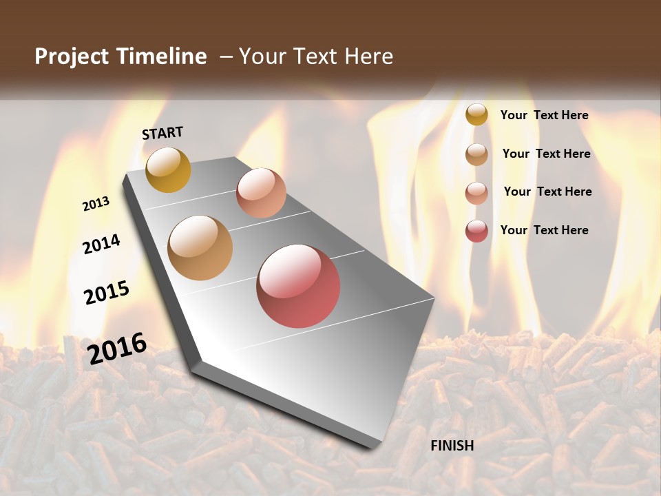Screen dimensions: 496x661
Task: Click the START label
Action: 162,132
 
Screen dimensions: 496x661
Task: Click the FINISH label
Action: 452,446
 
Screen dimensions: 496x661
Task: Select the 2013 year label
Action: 96,204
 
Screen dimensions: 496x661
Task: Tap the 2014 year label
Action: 102,244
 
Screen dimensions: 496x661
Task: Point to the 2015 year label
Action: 107,292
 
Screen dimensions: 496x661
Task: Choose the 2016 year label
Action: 117,347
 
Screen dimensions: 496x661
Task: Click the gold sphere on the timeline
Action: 168,169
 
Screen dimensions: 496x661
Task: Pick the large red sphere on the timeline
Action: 298,286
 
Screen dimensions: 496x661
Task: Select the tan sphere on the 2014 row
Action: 200,248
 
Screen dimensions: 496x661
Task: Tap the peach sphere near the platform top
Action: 261,193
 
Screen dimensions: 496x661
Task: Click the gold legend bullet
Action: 476,114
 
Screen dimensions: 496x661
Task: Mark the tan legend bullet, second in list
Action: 476,154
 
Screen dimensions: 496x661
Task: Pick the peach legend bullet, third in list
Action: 476,192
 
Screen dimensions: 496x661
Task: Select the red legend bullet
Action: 476,231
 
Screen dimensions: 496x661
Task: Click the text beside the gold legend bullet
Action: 545,115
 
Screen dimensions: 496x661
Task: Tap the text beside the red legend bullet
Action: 545,230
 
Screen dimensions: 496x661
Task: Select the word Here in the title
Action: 368,56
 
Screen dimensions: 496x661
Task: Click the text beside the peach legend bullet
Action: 547,192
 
